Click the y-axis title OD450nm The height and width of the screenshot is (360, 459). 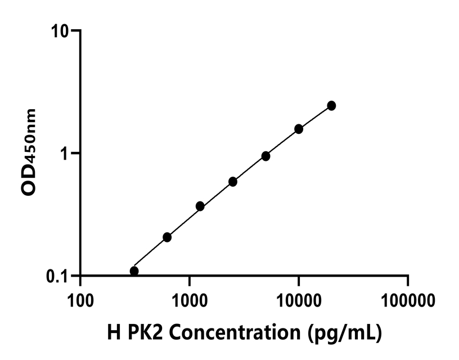29,153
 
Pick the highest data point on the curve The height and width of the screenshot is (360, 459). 331,106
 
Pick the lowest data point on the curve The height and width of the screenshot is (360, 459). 134,271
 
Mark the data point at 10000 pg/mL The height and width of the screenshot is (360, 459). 299,129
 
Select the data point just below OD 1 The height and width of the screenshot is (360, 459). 265,156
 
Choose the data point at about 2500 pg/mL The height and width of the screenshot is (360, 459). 233,182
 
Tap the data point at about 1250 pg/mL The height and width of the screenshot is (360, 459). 200,206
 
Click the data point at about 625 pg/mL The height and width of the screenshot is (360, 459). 167,237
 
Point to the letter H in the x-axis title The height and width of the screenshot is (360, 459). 112,333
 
